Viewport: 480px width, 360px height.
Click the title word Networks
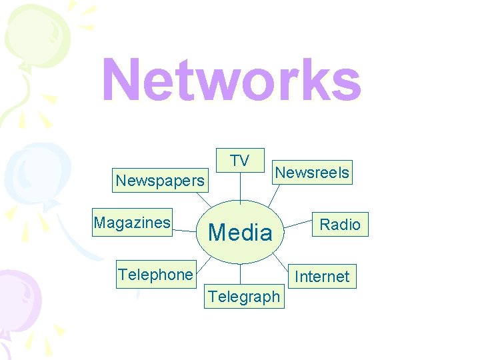coord(231,80)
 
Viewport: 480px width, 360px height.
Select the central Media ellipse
coord(240,231)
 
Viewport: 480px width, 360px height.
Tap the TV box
coord(240,161)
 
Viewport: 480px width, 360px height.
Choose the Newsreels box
coord(312,173)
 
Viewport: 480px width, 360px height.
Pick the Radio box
coord(340,225)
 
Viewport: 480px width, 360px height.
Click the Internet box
coord(322,276)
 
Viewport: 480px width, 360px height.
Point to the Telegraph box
coord(244,297)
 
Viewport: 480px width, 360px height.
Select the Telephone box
coord(155,275)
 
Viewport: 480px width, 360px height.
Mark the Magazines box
coord(132,223)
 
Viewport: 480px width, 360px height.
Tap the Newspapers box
coord(160,181)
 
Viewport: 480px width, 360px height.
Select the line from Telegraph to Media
coord(240,274)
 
